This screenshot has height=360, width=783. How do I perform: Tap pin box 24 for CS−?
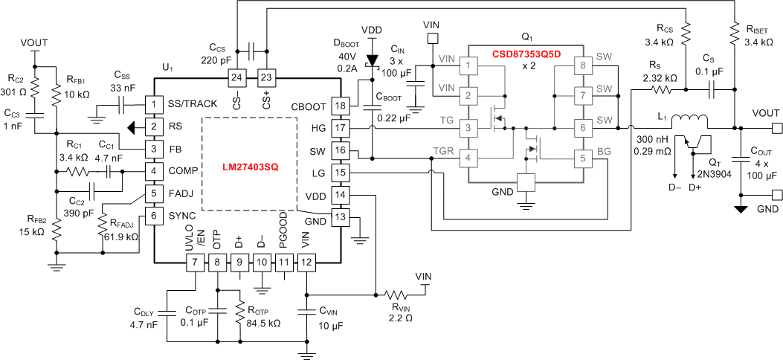click(x=236, y=77)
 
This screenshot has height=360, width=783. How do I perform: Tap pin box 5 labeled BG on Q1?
click(x=581, y=158)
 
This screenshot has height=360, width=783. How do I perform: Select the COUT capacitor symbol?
click(x=740, y=158)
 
